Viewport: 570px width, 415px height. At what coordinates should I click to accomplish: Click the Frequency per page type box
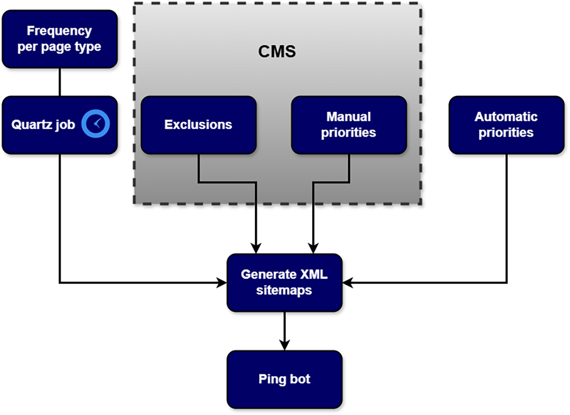59,39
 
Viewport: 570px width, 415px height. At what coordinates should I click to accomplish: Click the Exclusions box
199,125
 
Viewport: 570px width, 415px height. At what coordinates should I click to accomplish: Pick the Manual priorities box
349,125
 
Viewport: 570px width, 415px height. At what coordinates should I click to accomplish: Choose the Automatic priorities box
506,125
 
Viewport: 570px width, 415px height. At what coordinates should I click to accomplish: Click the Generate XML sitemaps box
284,282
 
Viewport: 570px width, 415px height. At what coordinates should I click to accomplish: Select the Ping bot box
284,379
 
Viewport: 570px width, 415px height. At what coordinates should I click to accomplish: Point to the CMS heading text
277,51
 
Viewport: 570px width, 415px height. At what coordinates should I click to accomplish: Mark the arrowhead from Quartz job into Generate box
222,283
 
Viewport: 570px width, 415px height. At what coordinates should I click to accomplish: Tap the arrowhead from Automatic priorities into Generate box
346,283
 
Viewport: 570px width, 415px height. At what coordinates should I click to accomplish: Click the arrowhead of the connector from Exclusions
256,249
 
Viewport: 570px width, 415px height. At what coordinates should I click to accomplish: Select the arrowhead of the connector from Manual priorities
313,249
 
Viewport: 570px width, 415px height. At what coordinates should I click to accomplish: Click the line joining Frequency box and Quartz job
59,82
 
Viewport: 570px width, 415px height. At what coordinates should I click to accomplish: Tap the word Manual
349,117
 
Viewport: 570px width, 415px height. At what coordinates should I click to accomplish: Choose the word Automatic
506,117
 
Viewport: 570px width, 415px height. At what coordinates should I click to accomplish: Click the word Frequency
59,31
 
